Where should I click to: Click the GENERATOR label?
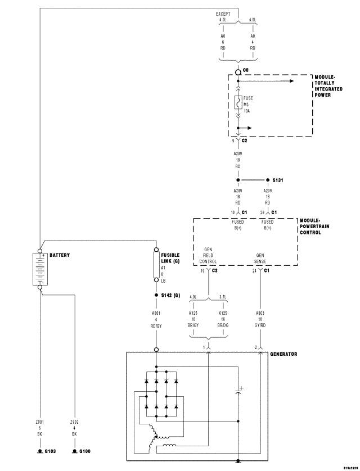pyautogui.click(x=283, y=354)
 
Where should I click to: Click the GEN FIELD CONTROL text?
pyautogui.click(x=208, y=254)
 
